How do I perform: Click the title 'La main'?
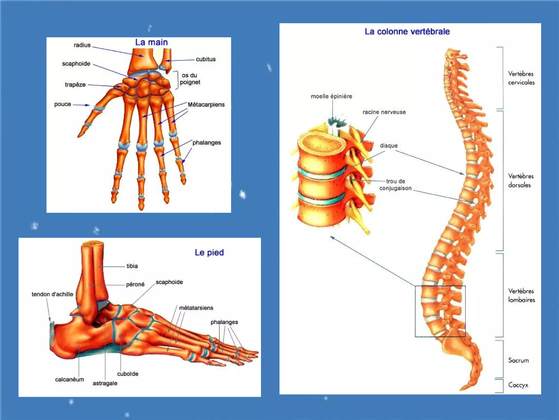[151, 42]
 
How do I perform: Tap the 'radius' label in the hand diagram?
[82, 45]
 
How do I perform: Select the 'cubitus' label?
[206, 59]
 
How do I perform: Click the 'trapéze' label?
[75, 85]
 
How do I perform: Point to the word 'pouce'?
[63, 104]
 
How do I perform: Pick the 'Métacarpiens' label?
[206, 104]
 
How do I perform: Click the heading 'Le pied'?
[209, 252]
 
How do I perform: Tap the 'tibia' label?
[132, 266]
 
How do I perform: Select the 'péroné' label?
[135, 285]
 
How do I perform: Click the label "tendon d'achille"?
[52, 294]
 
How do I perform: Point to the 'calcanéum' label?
[69, 380]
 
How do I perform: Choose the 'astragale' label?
[105, 383]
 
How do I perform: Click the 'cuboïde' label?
[128, 374]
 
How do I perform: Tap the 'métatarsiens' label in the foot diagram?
[196, 308]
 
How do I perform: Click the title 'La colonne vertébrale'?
[407, 32]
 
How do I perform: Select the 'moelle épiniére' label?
[331, 96]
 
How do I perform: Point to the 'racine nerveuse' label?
[384, 112]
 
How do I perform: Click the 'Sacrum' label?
[518, 360]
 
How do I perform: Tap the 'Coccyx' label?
[518, 385]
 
